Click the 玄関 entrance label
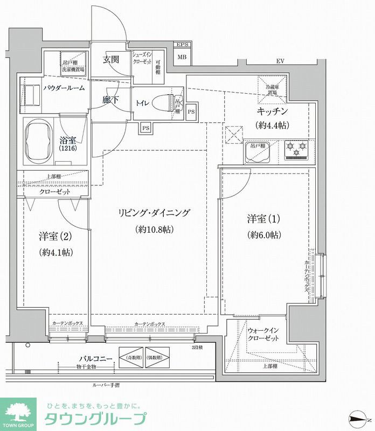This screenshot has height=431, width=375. (112, 60)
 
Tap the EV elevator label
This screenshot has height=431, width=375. (280, 61)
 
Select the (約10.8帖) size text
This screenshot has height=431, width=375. (154, 230)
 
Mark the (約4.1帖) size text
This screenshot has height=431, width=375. (56, 252)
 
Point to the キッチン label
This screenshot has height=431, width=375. (273, 112)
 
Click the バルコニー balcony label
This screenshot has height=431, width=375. (95, 358)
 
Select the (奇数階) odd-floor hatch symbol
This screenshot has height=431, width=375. (134, 358)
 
